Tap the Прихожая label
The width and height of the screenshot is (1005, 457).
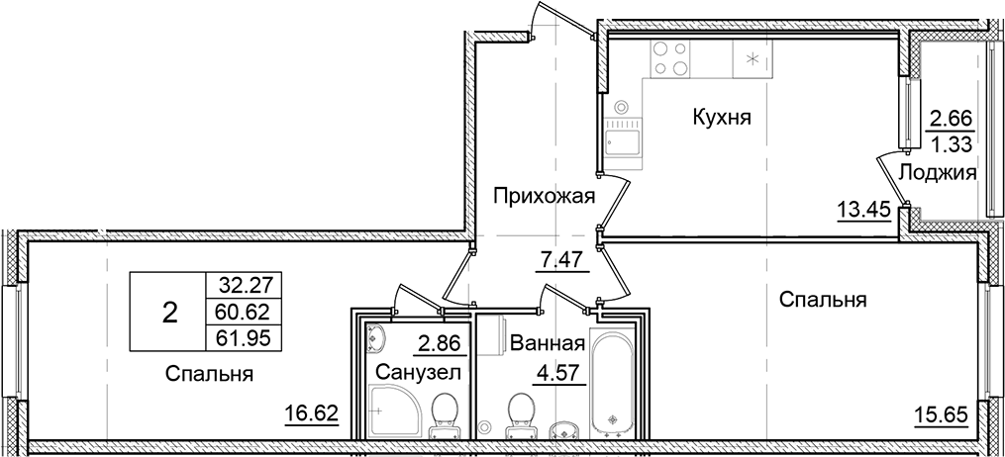(x=545, y=196)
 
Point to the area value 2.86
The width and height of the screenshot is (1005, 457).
(x=436, y=344)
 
